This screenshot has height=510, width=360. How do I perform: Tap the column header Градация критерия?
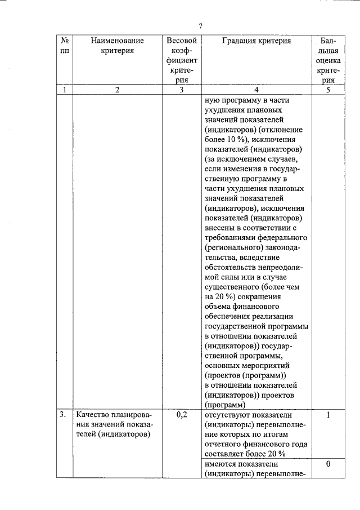tap(256, 41)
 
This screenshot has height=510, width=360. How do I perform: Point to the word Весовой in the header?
tap(181, 41)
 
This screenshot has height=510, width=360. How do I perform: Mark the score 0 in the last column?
tap(327, 463)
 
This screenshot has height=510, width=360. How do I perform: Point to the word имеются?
tap(223, 463)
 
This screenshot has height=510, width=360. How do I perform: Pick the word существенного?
tap(236, 286)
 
